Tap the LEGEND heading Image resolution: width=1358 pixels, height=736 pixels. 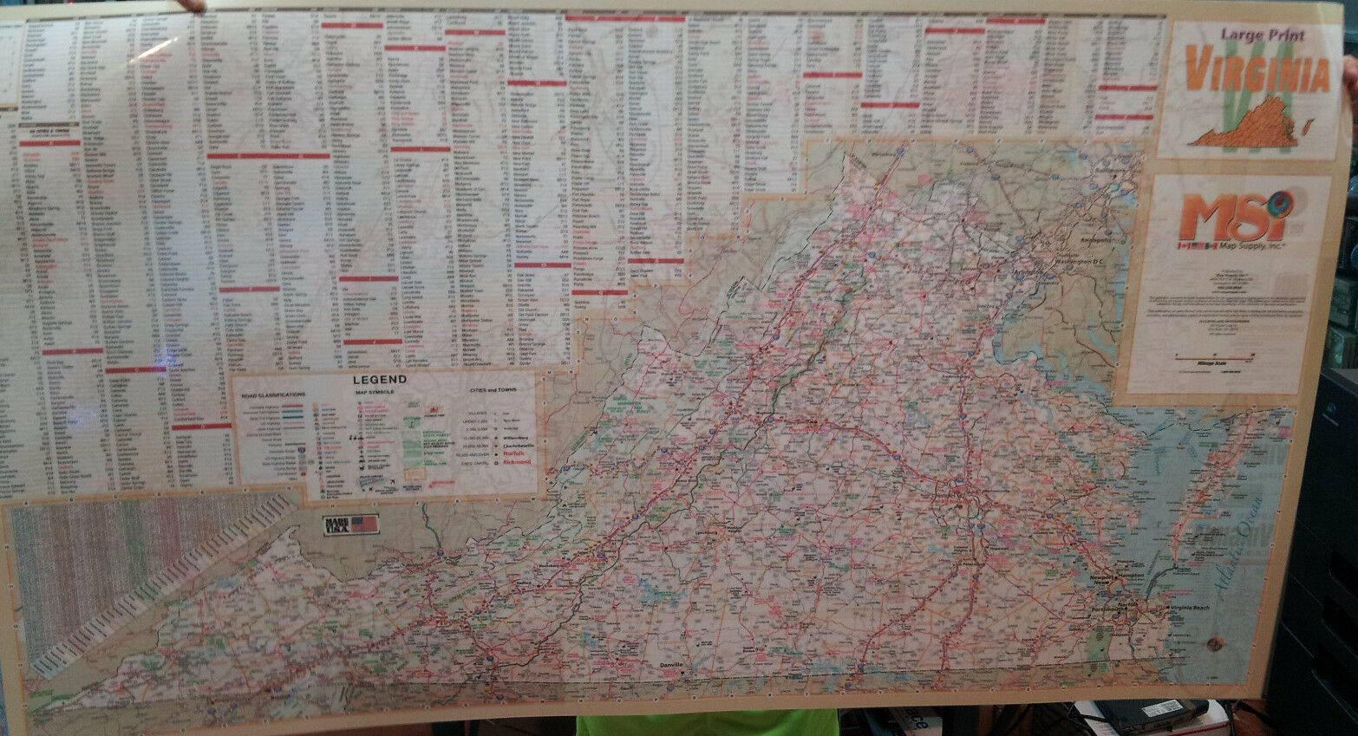pyautogui.click(x=378, y=380)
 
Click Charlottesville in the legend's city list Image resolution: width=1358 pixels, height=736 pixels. pyautogui.click(x=518, y=444)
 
